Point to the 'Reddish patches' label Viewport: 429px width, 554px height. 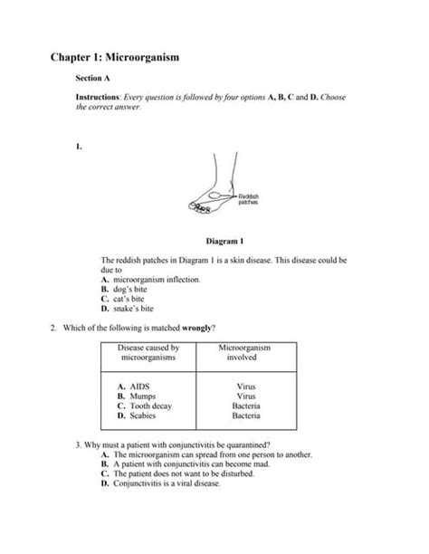pyautogui.click(x=248, y=199)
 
